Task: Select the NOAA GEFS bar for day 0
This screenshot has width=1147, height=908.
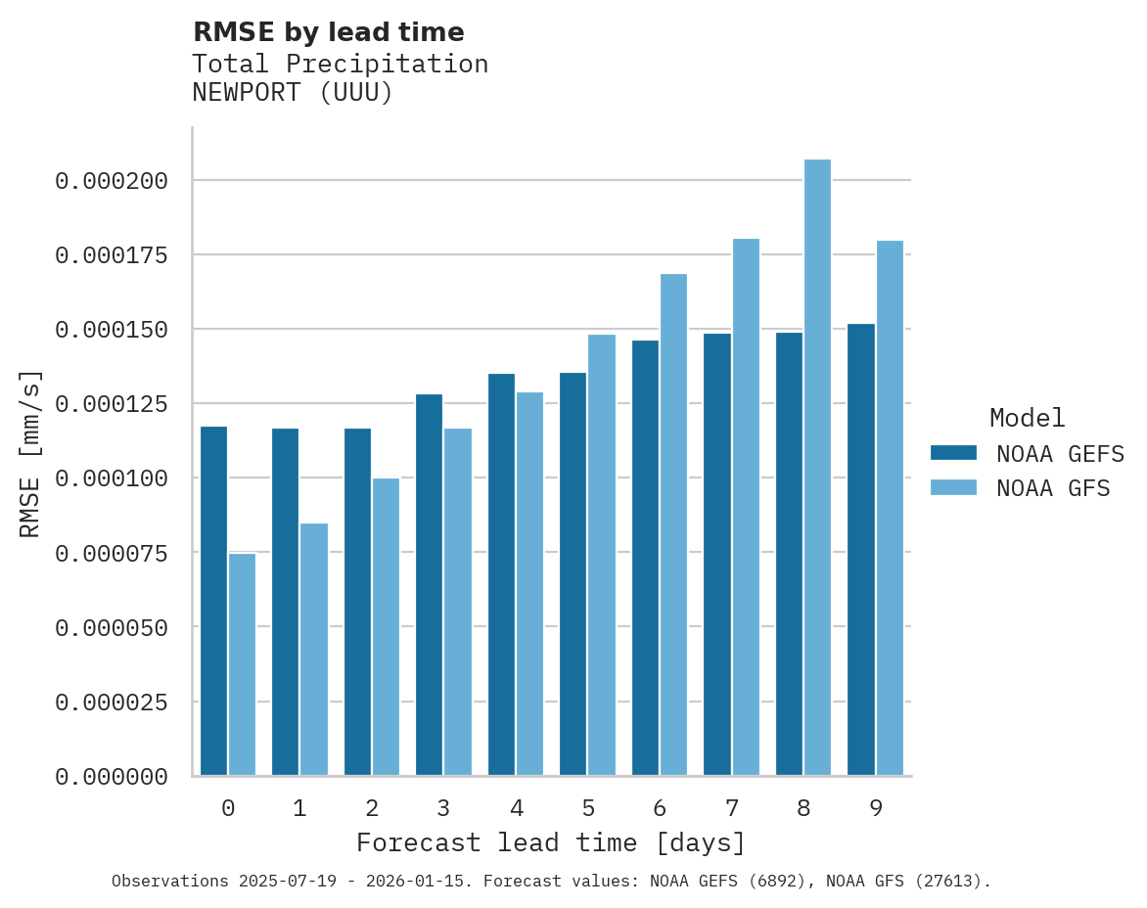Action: tap(213, 601)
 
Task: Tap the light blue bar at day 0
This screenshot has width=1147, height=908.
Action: tap(243, 664)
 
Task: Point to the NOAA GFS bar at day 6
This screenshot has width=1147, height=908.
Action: tap(673, 524)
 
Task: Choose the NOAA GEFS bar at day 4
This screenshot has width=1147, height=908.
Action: tap(501, 574)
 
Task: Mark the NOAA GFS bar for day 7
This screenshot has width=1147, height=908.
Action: tap(746, 507)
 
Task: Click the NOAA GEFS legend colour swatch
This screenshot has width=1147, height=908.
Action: tap(953, 452)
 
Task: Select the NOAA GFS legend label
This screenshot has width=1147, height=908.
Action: tap(1053, 487)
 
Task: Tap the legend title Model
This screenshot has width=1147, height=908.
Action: tap(1027, 418)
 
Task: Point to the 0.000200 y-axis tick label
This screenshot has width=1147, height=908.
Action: tap(112, 181)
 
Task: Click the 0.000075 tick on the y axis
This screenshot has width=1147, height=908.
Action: tap(112, 554)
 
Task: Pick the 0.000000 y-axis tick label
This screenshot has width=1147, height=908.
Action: tap(112, 777)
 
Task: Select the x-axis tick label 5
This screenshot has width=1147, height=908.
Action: tap(587, 808)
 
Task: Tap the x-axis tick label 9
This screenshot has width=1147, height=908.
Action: tap(875, 808)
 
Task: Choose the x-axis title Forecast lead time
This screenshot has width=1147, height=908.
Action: tap(551, 842)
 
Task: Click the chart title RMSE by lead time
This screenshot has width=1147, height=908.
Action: tap(328, 32)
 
